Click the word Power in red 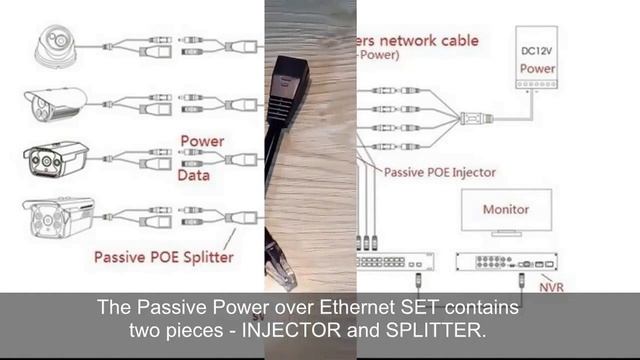click(x=202, y=141)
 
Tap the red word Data click(x=196, y=176)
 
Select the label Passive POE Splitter click(x=164, y=257)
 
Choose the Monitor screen click(x=506, y=212)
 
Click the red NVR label click(x=550, y=286)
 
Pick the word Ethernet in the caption click(x=355, y=309)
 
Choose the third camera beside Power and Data click(x=56, y=160)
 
